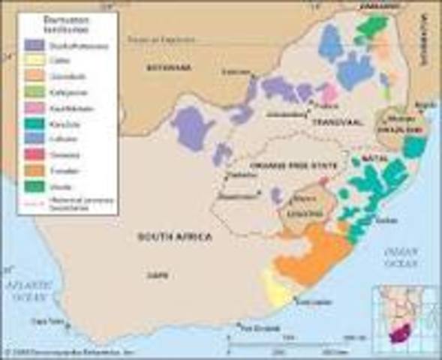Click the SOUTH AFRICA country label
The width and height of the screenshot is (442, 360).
(x=173, y=237)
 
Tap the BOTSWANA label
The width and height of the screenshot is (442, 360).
(x=170, y=67)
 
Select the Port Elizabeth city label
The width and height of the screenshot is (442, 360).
(x=254, y=326)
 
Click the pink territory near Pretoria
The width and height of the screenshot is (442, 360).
(x=328, y=96)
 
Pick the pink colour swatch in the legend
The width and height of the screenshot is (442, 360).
(x=33, y=107)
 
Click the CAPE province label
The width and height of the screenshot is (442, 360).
(x=158, y=275)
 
